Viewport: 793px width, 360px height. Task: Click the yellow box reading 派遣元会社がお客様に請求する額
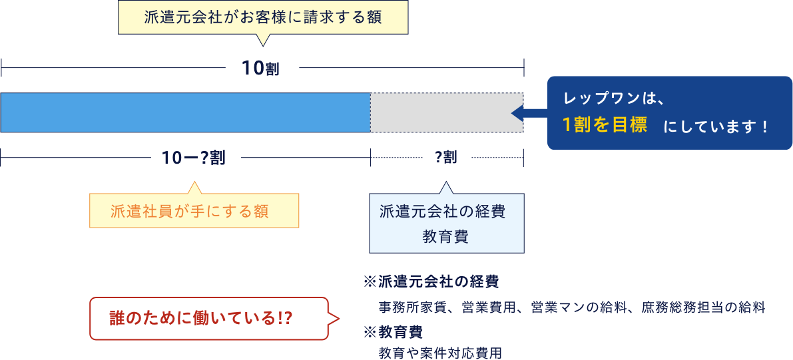262,17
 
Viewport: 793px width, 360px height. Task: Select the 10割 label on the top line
262,68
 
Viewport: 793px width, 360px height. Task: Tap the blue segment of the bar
186,112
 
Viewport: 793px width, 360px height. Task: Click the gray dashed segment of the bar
446,112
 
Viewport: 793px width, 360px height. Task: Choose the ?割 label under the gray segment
446,158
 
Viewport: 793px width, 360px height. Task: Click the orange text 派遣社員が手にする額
189,211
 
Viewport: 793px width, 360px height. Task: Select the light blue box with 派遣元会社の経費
446,223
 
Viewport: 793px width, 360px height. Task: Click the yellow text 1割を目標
605,125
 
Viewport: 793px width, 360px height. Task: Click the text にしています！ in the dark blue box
715,126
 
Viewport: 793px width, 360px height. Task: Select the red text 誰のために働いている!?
200,319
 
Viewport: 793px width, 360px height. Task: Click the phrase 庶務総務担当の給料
703,307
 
